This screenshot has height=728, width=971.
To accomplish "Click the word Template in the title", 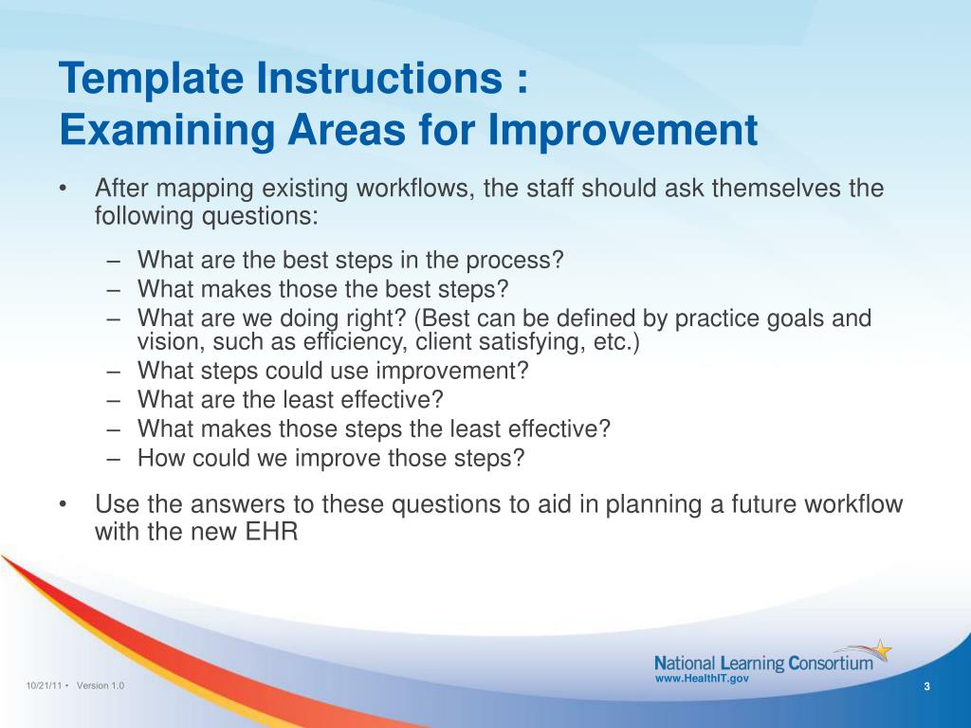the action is point(151,78).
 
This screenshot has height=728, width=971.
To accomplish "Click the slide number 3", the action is point(927,686).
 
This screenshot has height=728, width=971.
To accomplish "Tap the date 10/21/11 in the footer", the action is point(44,686).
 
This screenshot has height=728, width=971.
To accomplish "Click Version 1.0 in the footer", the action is point(101,686).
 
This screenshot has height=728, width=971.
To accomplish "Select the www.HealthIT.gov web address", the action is point(702,679).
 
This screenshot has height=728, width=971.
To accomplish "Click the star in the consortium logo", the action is point(883,650).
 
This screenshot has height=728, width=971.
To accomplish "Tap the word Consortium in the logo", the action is point(831,664).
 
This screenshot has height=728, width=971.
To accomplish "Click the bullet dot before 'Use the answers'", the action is point(63,505).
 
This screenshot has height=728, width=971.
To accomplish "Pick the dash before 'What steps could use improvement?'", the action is point(113,372).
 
